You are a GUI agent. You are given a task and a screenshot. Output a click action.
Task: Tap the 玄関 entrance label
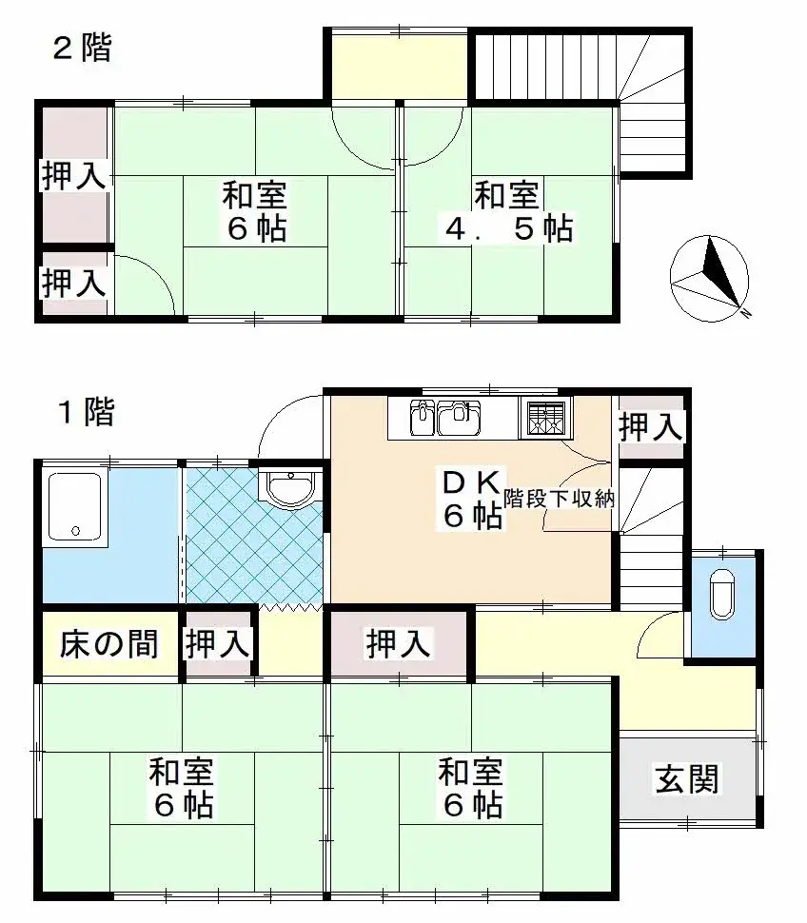coord(685,779)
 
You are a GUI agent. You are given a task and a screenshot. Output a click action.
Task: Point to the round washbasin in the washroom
coord(289,489)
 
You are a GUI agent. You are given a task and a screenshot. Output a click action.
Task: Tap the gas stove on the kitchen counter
coord(543,418)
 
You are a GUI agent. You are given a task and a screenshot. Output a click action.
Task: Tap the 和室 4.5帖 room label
coord(508,212)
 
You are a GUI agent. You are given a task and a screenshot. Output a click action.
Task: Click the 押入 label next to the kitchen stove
coord(651,427)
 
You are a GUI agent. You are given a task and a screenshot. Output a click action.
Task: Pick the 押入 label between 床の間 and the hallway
coord(218,644)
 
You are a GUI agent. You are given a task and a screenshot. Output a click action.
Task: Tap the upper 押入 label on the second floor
coord(72,176)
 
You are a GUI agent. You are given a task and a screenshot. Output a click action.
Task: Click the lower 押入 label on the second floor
coord(72,282)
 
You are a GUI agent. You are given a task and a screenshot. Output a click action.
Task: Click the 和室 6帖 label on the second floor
coord(255,212)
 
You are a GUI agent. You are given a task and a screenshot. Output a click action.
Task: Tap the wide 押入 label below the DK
coord(400,644)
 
